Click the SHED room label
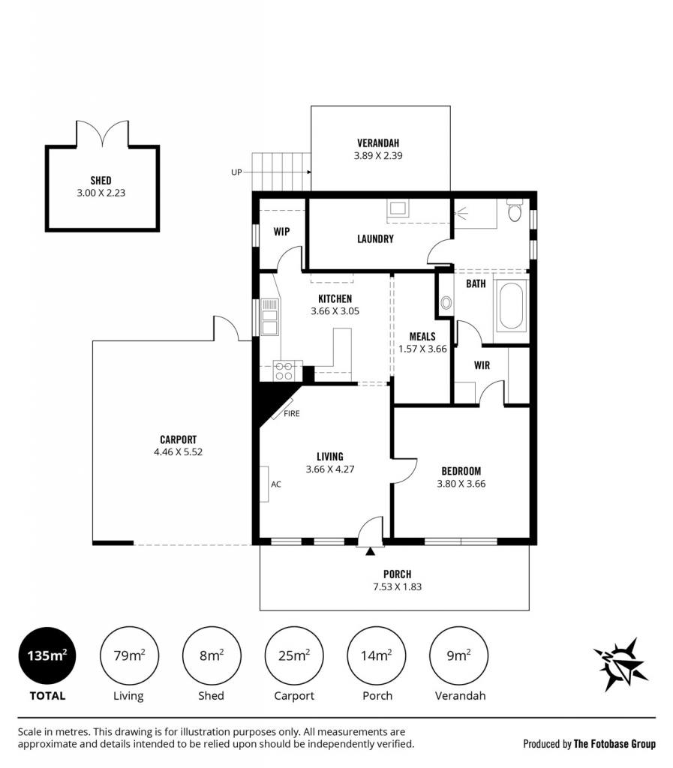(101, 180)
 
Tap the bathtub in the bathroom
(512, 305)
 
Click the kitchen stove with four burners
(283, 370)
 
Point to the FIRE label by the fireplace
(291, 413)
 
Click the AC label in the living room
(276, 484)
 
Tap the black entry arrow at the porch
(371, 551)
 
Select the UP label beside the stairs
(236, 172)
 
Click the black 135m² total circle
(47, 655)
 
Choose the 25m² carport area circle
(294, 655)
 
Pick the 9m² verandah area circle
(459, 655)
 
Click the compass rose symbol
(620, 664)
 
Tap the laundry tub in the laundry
(397, 208)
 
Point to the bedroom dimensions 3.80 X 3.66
(461, 484)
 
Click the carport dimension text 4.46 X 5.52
(179, 451)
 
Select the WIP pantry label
(281, 231)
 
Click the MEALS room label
(422, 337)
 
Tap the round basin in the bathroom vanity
(446, 302)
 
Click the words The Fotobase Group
(614, 744)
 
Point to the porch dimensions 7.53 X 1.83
(397, 586)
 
